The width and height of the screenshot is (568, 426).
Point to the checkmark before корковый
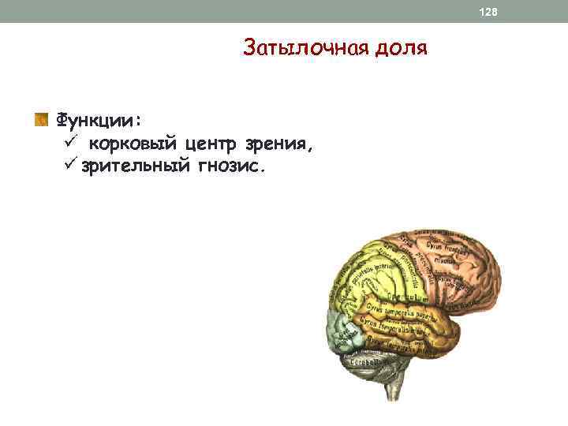(x=69, y=143)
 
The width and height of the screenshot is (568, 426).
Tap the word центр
(x=212, y=144)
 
